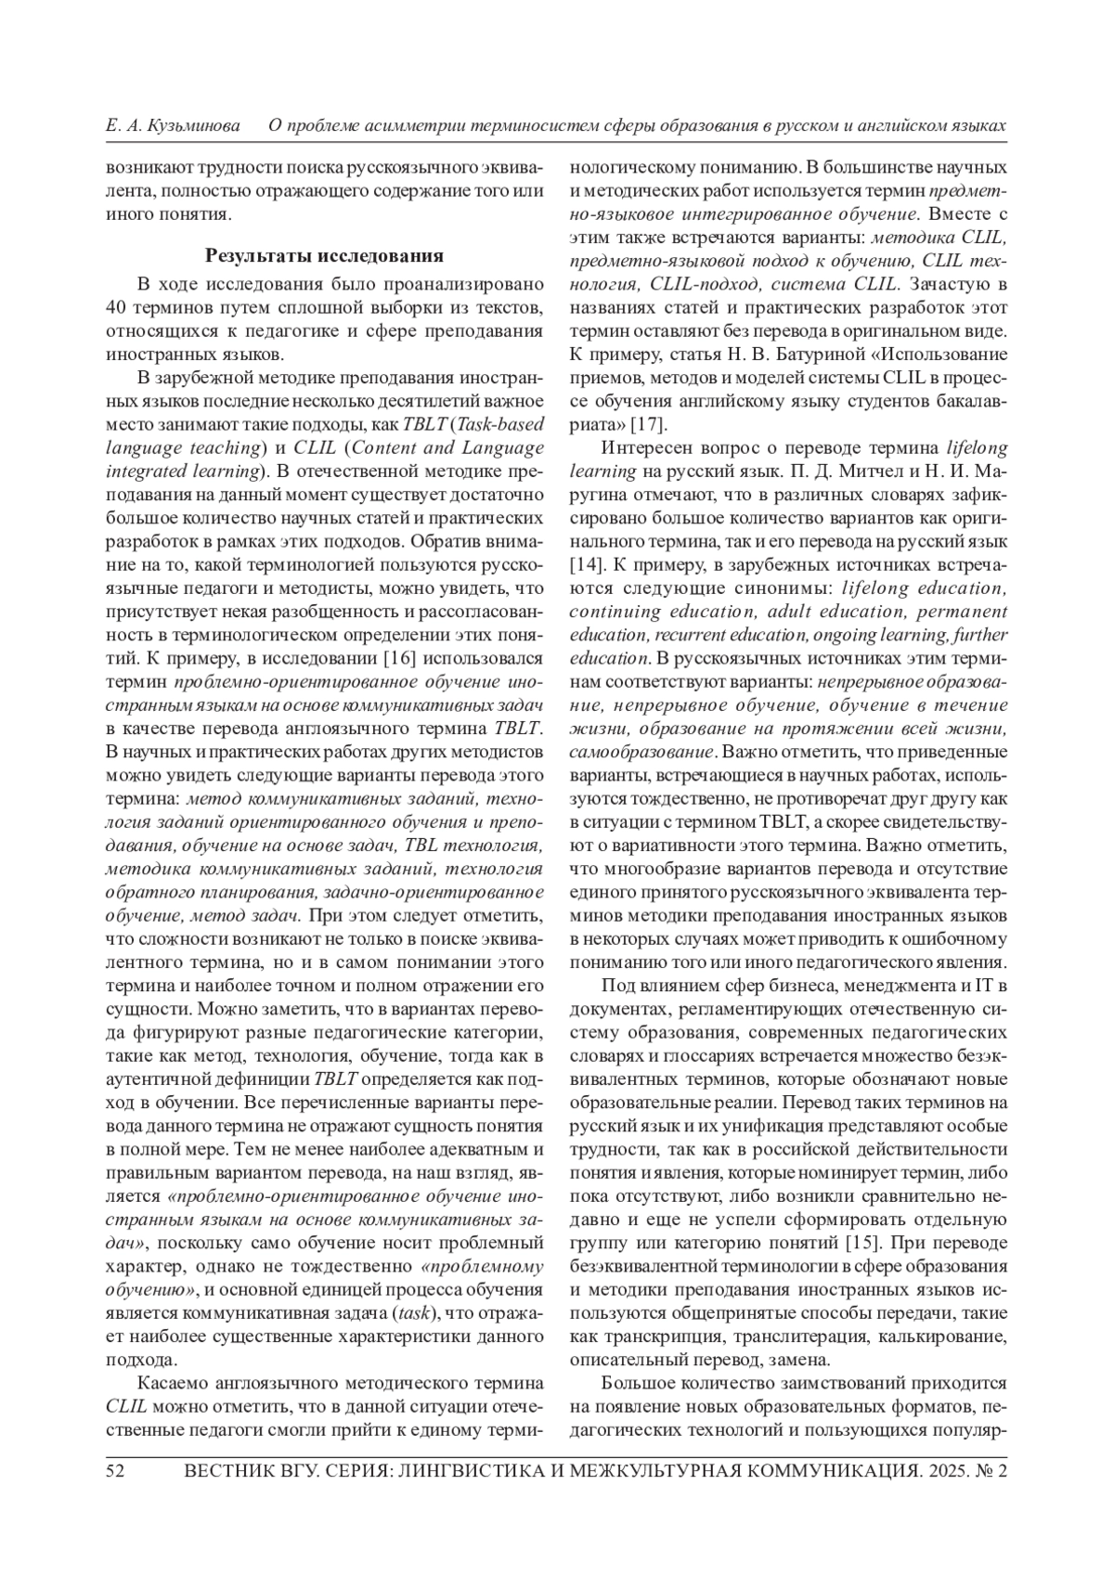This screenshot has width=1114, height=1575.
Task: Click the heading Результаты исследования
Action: pos(324,255)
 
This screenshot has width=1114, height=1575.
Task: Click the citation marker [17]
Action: pos(647,425)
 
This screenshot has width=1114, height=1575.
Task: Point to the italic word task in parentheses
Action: pos(410,1313)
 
